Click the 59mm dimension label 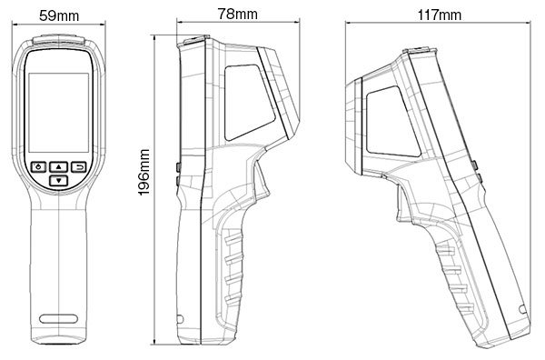59,15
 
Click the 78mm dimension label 238,14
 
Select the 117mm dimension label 440,15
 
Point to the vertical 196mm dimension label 144,172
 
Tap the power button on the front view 38,167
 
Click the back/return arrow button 80,167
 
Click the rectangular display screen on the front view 58,113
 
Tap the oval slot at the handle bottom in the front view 58,318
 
